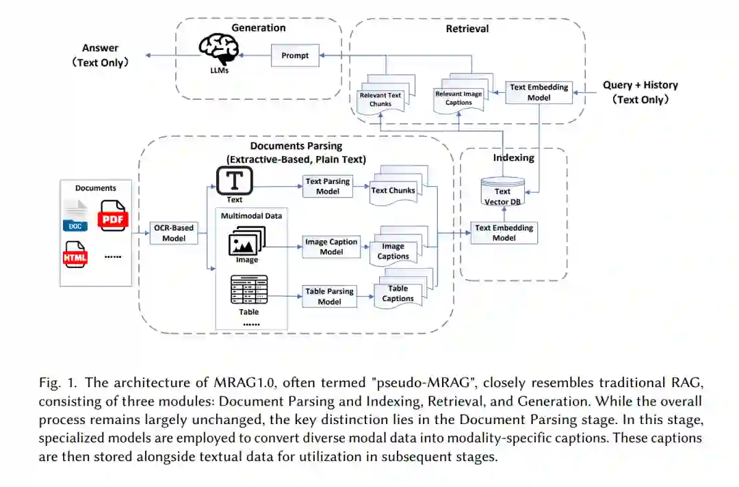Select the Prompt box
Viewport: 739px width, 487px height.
pyautogui.click(x=295, y=55)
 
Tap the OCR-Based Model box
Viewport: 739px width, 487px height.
pyautogui.click(x=174, y=233)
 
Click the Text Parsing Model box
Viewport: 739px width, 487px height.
pyautogui.click(x=328, y=186)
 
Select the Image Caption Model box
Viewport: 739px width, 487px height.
pyautogui.click(x=331, y=247)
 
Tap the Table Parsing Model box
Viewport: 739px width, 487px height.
pyautogui.click(x=329, y=296)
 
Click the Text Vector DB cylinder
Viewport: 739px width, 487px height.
pyautogui.click(x=503, y=192)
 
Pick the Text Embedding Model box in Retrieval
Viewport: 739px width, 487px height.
pyautogui.click(x=539, y=92)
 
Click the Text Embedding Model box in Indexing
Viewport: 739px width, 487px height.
pyautogui.click(x=504, y=233)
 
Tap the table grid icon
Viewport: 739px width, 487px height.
pyautogui.click(x=248, y=291)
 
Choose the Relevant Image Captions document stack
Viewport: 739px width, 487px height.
pyautogui.click(x=460, y=96)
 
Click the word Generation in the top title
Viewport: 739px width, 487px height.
pyautogui.click(x=258, y=28)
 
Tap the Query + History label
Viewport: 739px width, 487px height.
pyautogui.click(x=640, y=85)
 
